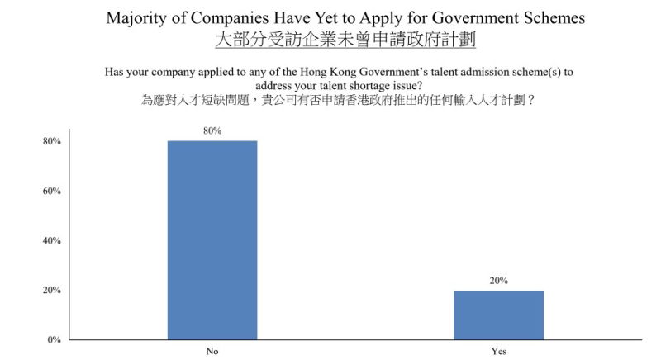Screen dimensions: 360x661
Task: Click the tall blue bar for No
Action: click(x=212, y=239)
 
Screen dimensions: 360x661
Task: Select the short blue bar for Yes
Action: click(x=498, y=315)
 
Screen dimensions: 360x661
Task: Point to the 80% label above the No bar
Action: click(x=212, y=130)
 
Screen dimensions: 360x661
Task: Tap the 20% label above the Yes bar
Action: click(x=498, y=281)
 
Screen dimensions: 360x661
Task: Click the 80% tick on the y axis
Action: click(x=52, y=141)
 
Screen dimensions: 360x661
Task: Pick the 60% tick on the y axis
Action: click(x=52, y=191)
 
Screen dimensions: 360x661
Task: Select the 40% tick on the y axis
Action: click(x=52, y=240)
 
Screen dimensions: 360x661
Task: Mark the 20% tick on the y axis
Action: click(x=52, y=290)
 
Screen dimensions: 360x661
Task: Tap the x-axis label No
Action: click(x=212, y=352)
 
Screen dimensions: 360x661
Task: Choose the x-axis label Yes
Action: click(x=498, y=352)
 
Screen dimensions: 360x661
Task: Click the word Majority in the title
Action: click(x=138, y=18)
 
